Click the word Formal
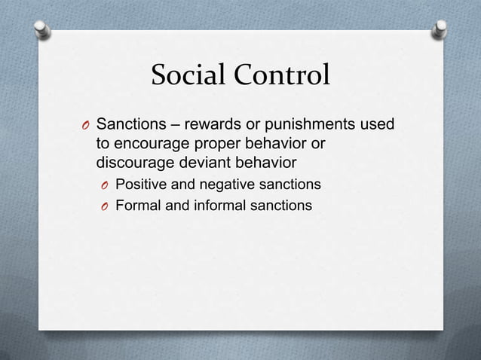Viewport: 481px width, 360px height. click(x=139, y=204)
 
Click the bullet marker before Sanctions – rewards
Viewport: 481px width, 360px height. click(x=86, y=124)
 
